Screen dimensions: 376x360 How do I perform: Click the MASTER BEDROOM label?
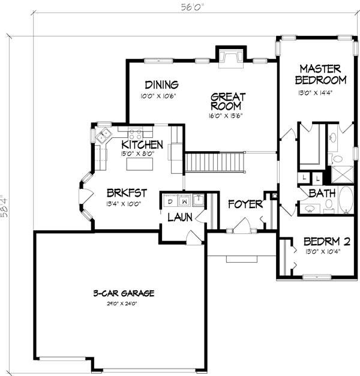click(323, 74)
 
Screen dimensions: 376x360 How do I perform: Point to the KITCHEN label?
click(142, 145)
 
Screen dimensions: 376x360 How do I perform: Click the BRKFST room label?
click(127, 193)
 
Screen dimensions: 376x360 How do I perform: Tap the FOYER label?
click(245, 205)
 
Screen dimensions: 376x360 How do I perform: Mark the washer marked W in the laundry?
click(184, 201)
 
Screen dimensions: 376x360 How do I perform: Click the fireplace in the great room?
click(229, 57)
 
